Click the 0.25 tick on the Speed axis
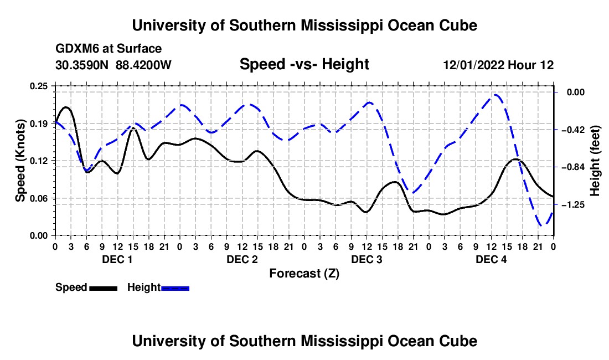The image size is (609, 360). [39, 86]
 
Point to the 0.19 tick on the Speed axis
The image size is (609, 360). [39, 124]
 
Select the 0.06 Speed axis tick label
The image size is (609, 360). [39, 198]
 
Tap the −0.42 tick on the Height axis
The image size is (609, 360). [573, 130]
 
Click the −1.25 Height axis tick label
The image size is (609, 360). [573, 205]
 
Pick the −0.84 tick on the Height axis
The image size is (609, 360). [573, 167]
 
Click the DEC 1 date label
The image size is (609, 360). [117, 259]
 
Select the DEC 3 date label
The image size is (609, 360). [367, 259]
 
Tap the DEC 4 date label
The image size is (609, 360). [491, 259]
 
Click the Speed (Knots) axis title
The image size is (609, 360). [20, 161]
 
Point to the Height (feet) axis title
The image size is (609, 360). [595, 161]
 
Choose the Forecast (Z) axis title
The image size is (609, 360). [304, 274]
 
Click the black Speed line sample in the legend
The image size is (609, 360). [104, 289]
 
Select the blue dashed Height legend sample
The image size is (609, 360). [175, 289]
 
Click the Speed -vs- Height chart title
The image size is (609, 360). [304, 64]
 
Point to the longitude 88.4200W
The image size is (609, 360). [143, 65]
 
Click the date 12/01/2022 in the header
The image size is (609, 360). [474, 65]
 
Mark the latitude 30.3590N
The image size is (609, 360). [82, 65]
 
